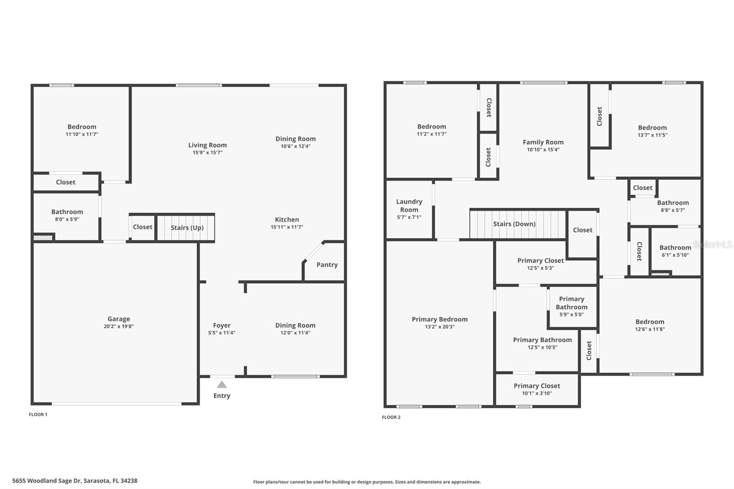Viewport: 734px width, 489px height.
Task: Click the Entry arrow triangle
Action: point(222,384)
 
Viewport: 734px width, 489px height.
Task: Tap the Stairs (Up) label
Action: point(187,228)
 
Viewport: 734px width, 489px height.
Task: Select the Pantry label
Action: point(327,265)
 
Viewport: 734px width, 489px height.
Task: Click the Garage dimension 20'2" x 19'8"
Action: point(119,327)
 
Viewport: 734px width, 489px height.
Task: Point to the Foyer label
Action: point(222,325)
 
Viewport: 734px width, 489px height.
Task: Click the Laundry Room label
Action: point(409,206)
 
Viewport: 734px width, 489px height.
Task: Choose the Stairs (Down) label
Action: point(514,224)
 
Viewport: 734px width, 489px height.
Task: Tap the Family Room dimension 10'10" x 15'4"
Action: point(543,150)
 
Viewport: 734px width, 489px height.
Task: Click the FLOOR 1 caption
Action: point(38,414)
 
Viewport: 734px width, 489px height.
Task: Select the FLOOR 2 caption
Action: point(391,417)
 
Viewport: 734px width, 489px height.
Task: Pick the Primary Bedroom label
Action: point(439,319)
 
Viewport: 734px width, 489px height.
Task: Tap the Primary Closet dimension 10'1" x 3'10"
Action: point(537,393)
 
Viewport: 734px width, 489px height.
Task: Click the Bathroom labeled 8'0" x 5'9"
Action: point(67,211)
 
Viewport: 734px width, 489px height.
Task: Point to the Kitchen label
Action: point(287,219)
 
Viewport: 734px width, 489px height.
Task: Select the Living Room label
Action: point(207,145)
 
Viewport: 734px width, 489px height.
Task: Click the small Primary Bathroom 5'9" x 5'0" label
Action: point(572,303)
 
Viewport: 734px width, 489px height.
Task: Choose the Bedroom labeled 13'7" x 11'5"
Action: point(652,128)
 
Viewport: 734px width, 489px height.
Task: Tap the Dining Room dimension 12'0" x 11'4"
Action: point(295,333)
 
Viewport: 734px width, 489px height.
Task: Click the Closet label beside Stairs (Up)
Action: point(143,227)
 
